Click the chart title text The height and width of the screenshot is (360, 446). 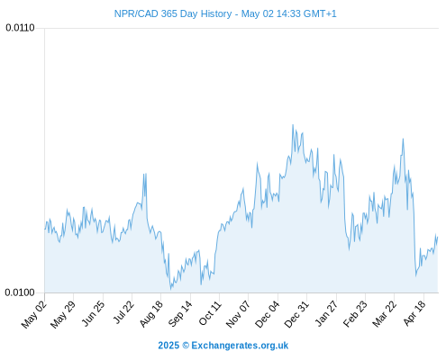point(225,13)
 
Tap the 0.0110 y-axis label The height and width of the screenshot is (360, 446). point(20,28)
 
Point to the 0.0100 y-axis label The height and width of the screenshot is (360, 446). point(20,292)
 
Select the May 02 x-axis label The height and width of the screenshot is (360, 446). point(34,314)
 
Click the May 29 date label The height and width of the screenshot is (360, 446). point(63,314)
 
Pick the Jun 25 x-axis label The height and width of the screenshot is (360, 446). point(93,313)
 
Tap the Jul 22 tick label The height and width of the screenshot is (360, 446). point(123,312)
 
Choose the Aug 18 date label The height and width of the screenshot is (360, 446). point(151,313)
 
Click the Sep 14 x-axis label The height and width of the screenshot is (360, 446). point(180,313)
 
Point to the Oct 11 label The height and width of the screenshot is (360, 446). point(210,313)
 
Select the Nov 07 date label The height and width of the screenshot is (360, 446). point(238,314)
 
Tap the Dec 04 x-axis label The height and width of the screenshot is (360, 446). point(267,314)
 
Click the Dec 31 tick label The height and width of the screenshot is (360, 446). point(296,314)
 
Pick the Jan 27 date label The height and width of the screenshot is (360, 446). point(326,313)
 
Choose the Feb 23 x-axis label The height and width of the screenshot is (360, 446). point(355,313)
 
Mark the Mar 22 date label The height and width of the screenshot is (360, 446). point(384,314)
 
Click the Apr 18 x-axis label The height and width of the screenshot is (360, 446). point(414,313)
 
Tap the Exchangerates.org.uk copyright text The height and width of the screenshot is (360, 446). point(223,346)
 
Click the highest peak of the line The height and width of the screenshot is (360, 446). point(293,125)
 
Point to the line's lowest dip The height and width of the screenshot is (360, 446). point(171,290)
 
